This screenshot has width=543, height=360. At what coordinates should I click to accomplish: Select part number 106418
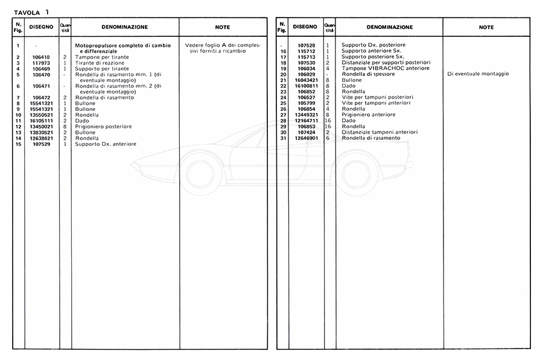tap(41, 57)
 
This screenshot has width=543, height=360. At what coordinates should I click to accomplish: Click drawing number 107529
tap(41, 144)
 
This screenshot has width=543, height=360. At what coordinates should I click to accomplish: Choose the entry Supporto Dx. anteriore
tap(106, 144)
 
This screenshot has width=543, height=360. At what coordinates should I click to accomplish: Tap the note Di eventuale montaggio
tap(478, 74)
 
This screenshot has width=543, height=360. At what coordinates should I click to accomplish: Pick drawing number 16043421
tap(306, 80)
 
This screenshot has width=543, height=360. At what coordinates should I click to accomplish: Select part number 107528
tap(306, 45)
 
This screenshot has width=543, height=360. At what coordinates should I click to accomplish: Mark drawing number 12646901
tap(306, 137)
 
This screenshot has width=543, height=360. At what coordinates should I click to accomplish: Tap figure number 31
tap(282, 137)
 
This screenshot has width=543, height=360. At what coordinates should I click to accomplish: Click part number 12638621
tap(41, 138)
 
